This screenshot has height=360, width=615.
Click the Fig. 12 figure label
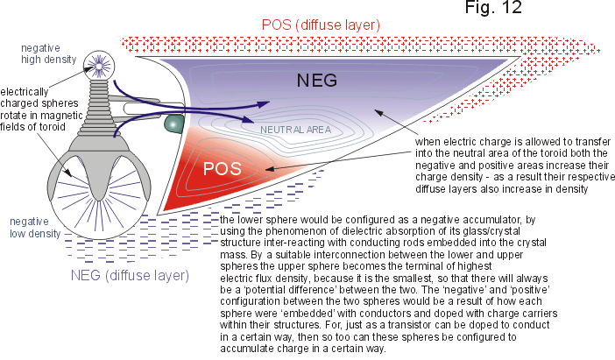[493, 8]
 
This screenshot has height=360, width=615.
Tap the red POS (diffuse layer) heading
[321, 25]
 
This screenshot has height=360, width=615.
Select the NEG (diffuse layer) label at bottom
[130, 275]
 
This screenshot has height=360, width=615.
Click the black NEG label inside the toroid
[317, 81]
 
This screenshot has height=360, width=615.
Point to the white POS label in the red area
[222, 169]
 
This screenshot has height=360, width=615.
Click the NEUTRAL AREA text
[296, 130]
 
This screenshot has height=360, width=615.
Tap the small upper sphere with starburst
[99, 66]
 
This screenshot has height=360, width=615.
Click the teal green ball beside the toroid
[173, 124]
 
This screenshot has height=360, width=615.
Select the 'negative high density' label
[49, 53]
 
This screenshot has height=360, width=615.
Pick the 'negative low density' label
[35, 228]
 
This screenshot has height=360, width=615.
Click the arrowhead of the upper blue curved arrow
[264, 103]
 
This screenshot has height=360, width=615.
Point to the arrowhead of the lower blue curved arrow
[246, 119]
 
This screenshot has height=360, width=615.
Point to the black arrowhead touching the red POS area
[270, 169]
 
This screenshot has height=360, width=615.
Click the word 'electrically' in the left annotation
[24, 92]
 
